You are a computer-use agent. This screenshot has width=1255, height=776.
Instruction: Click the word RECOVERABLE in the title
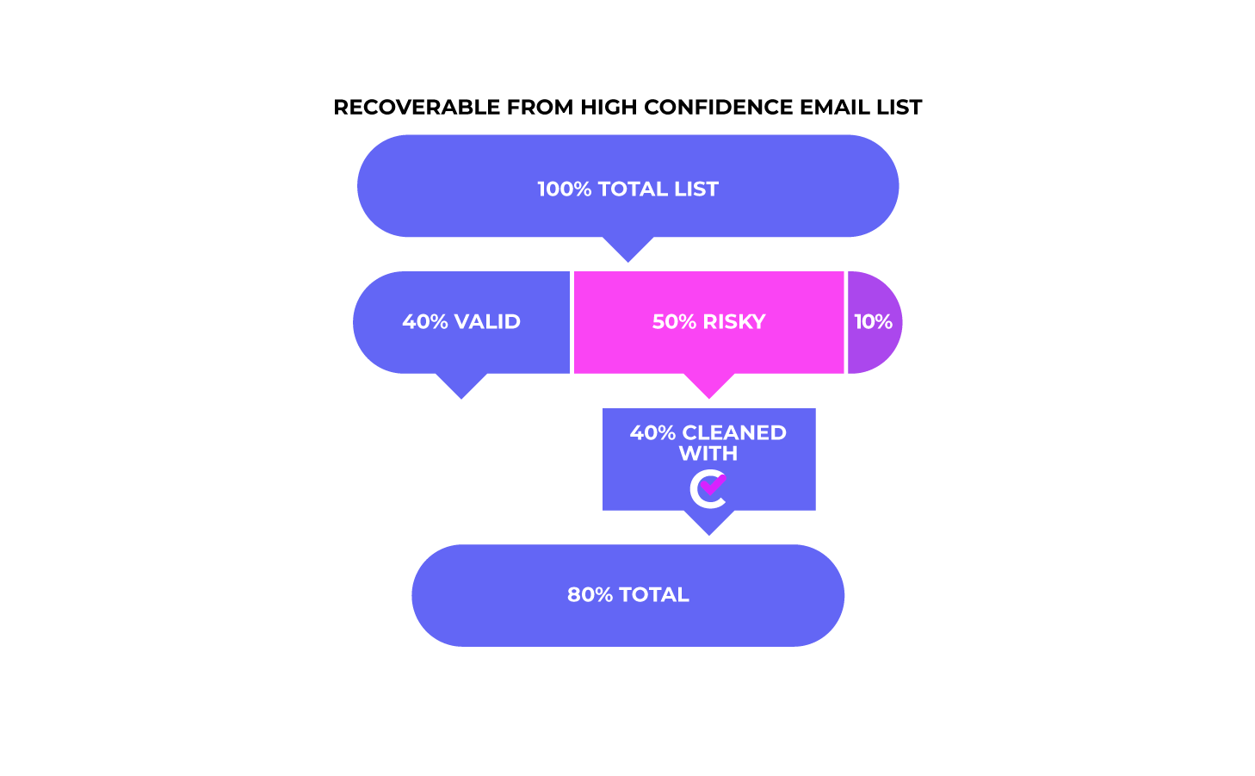[x=417, y=107]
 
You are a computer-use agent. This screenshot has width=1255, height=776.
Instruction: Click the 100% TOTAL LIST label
[x=627, y=189]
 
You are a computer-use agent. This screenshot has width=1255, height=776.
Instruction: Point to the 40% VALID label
[x=461, y=322]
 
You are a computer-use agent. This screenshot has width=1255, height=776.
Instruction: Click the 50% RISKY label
[x=708, y=322]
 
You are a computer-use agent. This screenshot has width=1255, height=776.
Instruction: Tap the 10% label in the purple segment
[x=873, y=322]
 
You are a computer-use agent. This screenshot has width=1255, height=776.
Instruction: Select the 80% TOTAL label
[x=627, y=595]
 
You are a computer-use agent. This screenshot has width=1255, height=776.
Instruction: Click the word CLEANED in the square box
[x=734, y=433]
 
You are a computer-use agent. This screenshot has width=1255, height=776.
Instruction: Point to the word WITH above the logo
[x=708, y=454]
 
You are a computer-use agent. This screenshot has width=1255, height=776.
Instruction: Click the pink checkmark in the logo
[x=714, y=484]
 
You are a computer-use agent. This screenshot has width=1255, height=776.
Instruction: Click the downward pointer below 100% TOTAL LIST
[x=627, y=249]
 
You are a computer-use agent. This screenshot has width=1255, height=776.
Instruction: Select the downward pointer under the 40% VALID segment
[x=461, y=386]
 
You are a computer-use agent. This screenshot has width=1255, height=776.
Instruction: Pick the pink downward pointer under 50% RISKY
[x=708, y=386]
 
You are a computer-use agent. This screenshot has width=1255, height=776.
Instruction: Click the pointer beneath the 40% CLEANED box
[x=708, y=523]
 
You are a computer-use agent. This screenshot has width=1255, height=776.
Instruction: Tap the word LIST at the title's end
[x=898, y=107]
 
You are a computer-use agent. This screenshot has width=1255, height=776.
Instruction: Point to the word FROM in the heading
[x=540, y=107]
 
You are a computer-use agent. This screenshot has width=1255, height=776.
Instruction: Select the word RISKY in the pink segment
[x=734, y=322]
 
